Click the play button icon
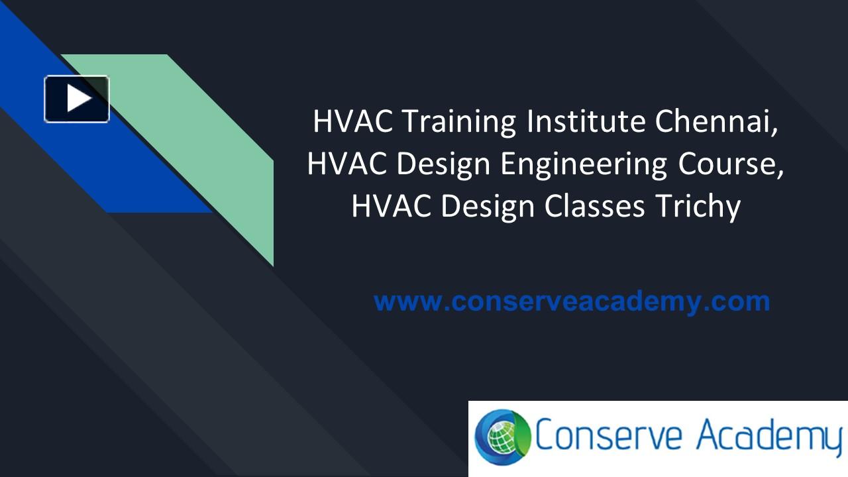pos(77,99)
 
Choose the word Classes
pos(594,207)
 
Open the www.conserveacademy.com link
pos(572,301)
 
